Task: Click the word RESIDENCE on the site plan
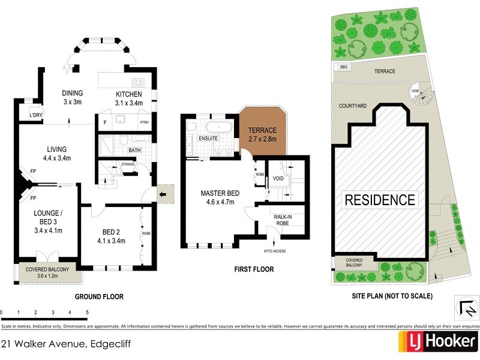click(x=379, y=200)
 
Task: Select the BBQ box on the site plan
click(x=344, y=67)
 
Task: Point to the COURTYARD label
click(x=352, y=106)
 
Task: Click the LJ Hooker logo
click(x=438, y=343)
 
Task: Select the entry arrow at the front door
click(x=163, y=194)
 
